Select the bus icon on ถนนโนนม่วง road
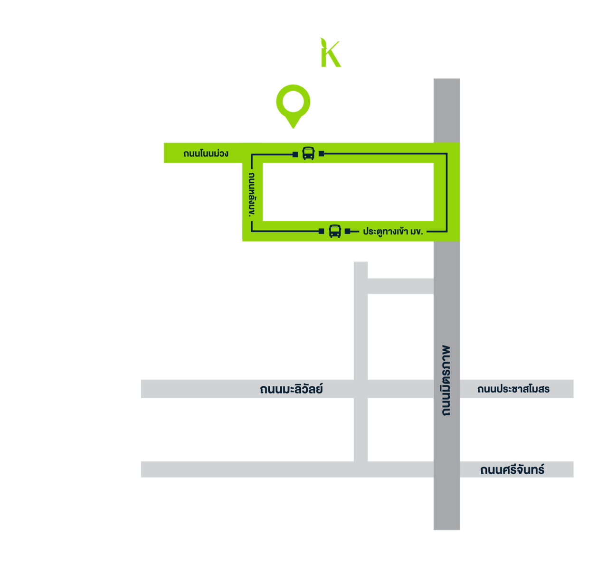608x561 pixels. [x=308, y=153]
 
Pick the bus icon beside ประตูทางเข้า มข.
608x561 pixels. [x=335, y=231]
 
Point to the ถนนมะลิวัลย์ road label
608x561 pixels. [x=291, y=389]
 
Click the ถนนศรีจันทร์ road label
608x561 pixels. [x=512, y=470]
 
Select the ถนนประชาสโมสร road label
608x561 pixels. [x=513, y=389]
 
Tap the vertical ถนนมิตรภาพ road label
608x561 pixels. [x=446, y=380]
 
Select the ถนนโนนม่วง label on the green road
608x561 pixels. [x=206, y=153]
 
